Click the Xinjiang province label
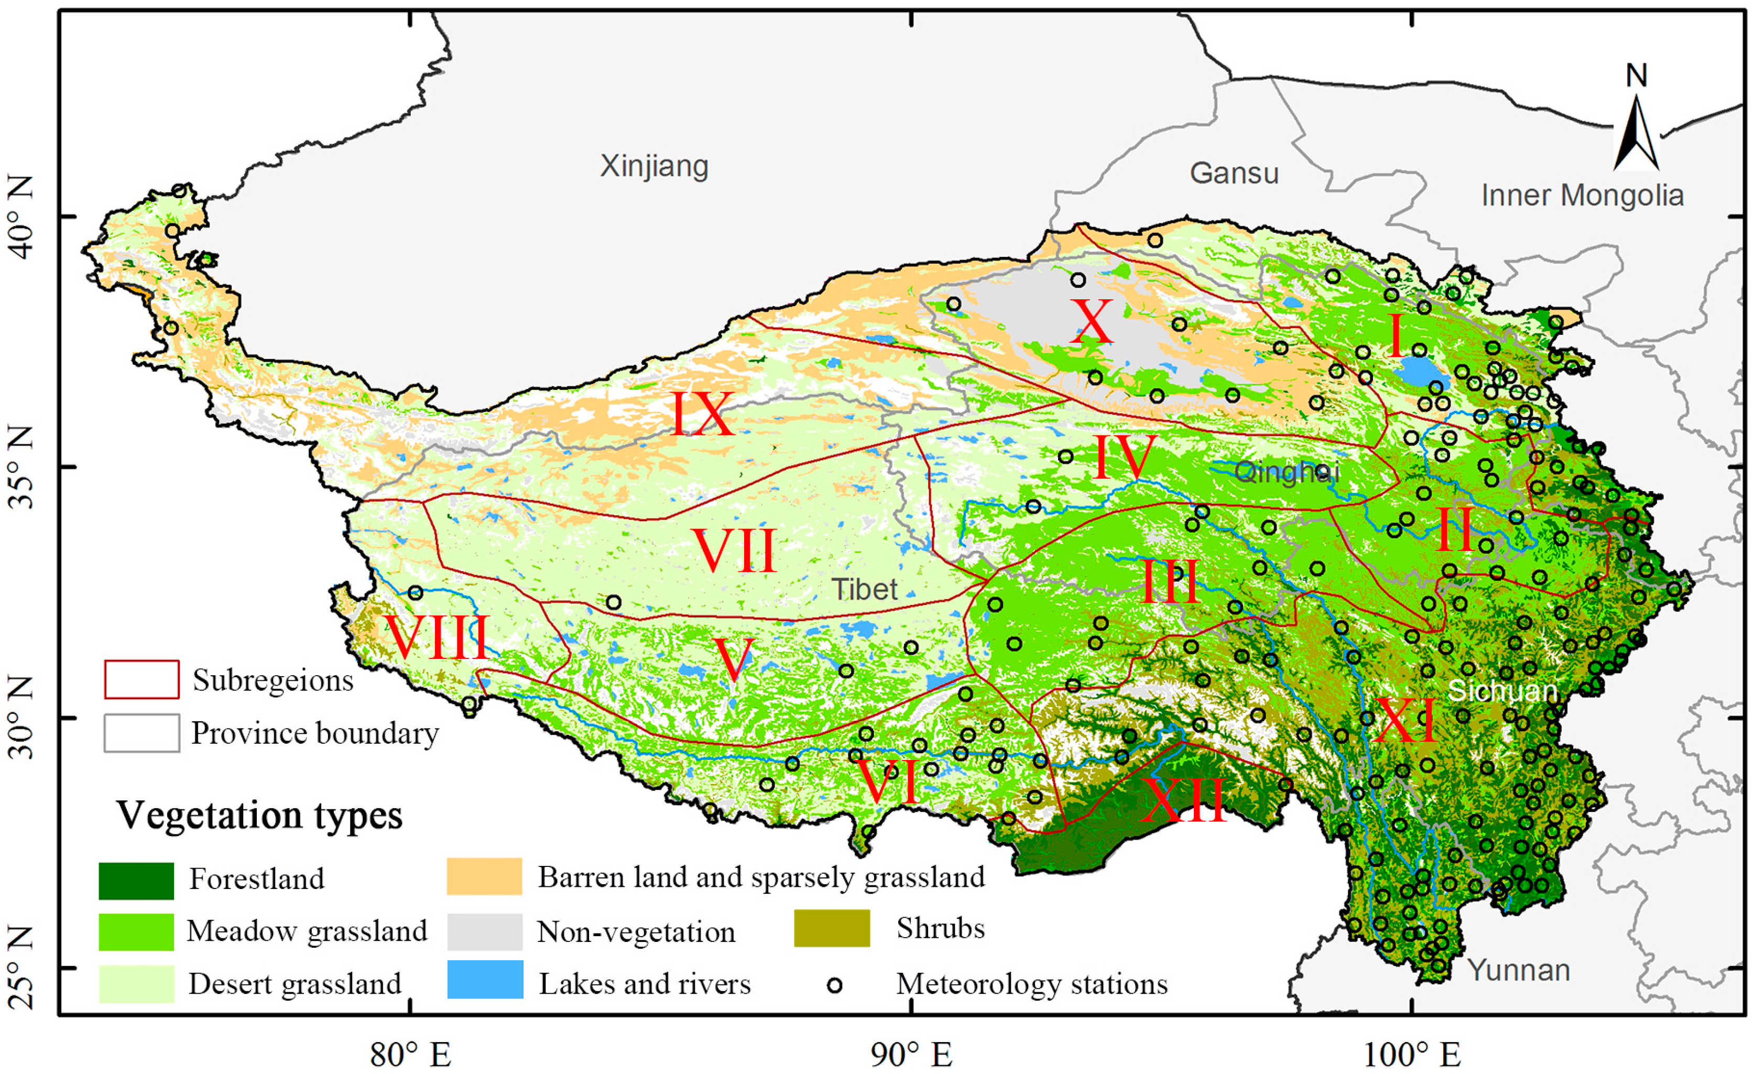tap(654, 166)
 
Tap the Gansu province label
tap(1234, 173)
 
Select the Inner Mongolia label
tap(1582, 195)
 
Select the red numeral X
tap(1091, 322)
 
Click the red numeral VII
tap(734, 550)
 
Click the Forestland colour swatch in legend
tap(136, 880)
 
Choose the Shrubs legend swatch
tap(832, 928)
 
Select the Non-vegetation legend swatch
tap(485, 931)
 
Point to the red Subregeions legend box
tap(141, 679)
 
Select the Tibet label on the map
tap(864, 590)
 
